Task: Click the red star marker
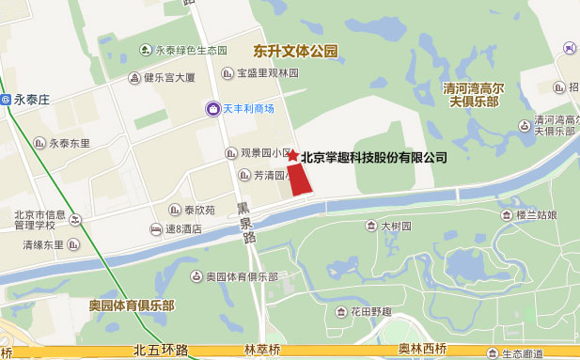[292, 155]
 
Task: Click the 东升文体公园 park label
[295, 51]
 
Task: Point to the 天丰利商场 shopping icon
[214, 109]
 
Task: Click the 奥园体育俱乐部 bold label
[132, 306]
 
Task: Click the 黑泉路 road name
[245, 222]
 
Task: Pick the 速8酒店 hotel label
[183, 228]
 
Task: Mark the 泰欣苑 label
[198, 210]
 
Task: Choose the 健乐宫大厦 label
[168, 78]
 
